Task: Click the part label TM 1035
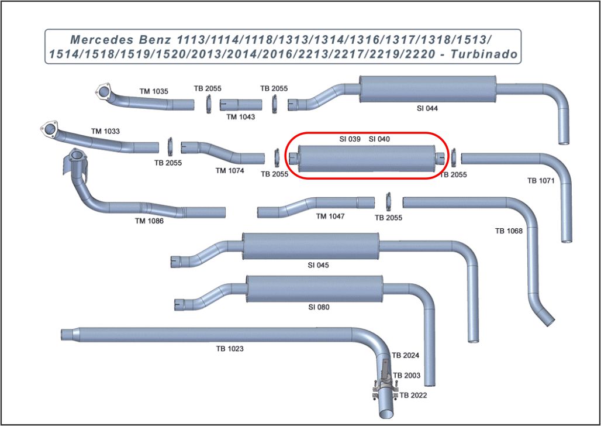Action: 154,91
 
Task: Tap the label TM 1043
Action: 241,116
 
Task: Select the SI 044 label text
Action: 427,108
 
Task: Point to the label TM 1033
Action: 105,131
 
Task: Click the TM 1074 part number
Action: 230,171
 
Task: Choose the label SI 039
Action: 350,139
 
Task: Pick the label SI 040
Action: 379,139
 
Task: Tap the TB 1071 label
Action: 540,181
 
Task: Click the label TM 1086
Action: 149,221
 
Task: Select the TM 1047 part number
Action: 330,217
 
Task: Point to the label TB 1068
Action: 509,231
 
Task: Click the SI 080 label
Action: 319,307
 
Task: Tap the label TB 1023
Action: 230,349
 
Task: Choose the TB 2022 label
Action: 413,396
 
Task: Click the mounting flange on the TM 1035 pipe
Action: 103,92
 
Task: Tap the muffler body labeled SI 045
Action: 310,246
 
